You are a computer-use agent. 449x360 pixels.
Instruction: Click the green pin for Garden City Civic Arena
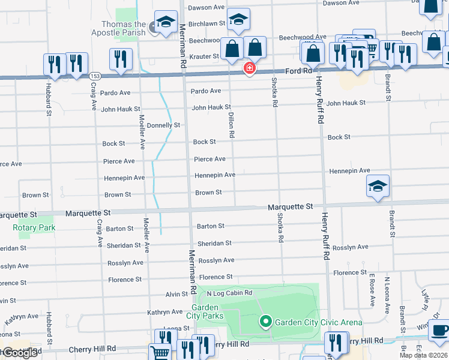point(266,322)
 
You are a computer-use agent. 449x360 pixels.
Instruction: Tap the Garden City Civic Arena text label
point(318,322)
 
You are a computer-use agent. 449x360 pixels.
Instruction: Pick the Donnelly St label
point(164,125)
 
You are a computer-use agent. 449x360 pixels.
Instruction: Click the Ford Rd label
point(299,71)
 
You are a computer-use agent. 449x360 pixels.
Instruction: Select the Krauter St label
point(205,56)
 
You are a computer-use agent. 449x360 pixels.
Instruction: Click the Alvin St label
point(177,295)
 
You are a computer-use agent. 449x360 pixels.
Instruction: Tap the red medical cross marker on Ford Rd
point(249,69)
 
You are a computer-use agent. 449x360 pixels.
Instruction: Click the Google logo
point(20,352)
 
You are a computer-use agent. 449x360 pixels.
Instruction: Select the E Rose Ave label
point(372,290)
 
